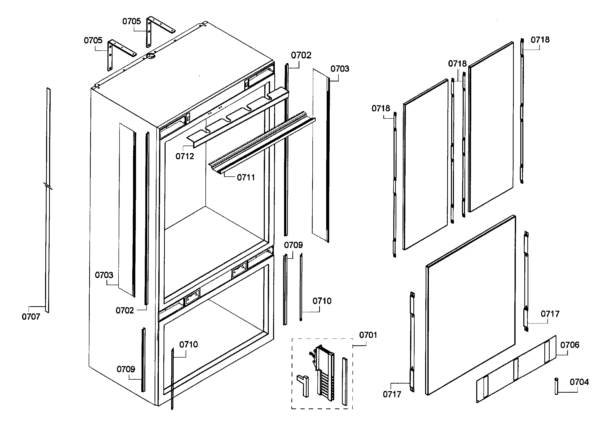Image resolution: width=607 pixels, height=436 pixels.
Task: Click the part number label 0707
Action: [x=31, y=317]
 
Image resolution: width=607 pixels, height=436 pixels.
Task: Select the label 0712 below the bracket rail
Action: [x=184, y=156]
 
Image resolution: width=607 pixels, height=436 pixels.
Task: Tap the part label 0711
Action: [x=246, y=177]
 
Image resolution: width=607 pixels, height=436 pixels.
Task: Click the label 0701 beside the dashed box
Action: [x=368, y=335]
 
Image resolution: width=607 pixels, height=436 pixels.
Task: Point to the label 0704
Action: [x=579, y=382]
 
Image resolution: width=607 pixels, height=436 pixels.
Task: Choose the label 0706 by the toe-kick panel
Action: [x=569, y=345]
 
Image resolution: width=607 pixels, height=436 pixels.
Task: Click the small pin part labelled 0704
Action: [x=556, y=386]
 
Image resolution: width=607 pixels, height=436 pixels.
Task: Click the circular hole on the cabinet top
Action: [x=151, y=56]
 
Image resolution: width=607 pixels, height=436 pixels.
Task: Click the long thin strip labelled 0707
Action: [x=48, y=201]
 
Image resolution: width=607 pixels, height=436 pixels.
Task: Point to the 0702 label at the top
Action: [x=301, y=55]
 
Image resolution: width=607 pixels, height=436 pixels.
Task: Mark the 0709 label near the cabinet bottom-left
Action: [x=126, y=369]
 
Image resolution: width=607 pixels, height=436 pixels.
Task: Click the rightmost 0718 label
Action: [x=540, y=40]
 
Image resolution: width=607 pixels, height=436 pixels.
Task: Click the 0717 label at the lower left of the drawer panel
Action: [x=392, y=394]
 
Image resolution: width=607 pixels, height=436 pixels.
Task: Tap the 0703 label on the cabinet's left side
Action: [x=104, y=275]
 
